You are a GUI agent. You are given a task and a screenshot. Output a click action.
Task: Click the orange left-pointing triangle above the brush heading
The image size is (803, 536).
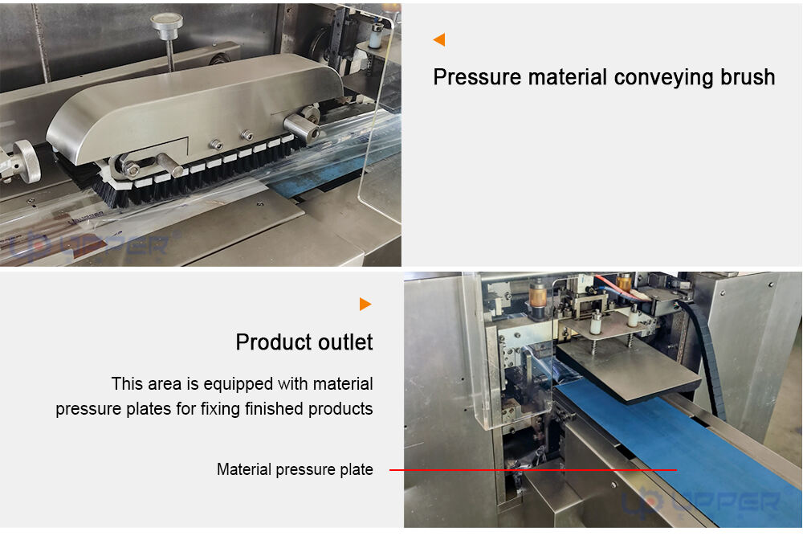tap(439, 39)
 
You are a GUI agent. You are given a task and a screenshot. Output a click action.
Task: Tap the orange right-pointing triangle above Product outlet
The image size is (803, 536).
tap(365, 304)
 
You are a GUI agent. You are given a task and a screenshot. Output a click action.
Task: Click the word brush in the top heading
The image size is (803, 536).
tap(748, 77)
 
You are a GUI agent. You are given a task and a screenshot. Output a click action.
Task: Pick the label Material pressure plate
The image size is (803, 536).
tap(295, 469)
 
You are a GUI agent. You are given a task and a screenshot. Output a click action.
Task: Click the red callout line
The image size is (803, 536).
tap(533, 469)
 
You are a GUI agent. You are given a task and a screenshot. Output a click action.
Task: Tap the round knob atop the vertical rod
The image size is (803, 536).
tap(167, 22)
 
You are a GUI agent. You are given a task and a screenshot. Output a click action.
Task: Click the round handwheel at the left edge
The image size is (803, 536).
tap(25, 161)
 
